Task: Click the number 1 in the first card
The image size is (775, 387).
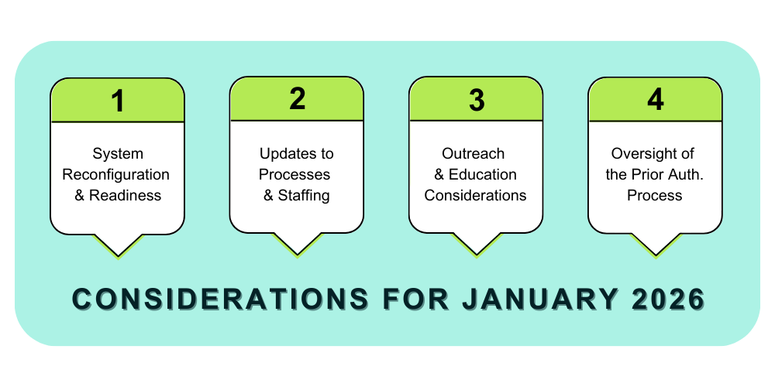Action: pos(118,101)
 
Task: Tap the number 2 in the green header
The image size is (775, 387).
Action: pos(297,99)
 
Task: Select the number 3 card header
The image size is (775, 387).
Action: pos(476,99)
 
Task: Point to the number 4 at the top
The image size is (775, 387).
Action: pos(656,99)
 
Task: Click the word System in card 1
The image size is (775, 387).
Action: pos(118,153)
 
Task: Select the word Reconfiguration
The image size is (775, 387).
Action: pos(115,175)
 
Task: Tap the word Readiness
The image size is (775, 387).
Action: pos(125,196)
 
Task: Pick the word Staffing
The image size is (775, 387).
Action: pos(304,196)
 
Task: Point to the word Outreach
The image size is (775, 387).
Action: pos(473,153)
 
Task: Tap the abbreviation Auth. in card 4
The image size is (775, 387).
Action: pos(688,175)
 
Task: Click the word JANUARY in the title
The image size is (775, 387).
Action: pos(539,299)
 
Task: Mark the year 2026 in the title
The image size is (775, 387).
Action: pos(668,299)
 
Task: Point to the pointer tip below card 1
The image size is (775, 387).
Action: pos(118,257)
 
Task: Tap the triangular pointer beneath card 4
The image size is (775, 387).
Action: pos(656,245)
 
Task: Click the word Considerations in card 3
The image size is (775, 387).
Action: pos(476,196)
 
